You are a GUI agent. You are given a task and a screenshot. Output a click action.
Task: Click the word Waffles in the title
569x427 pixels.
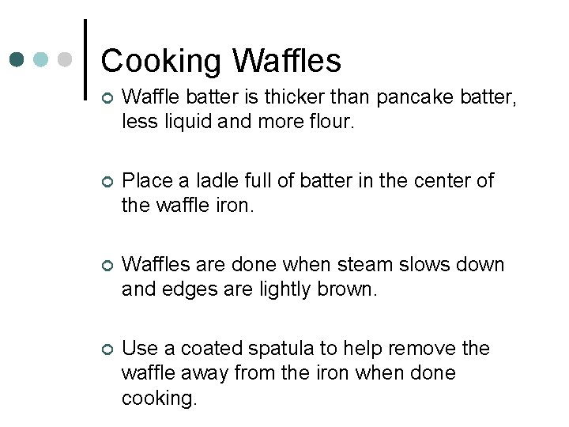coord(288,61)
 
